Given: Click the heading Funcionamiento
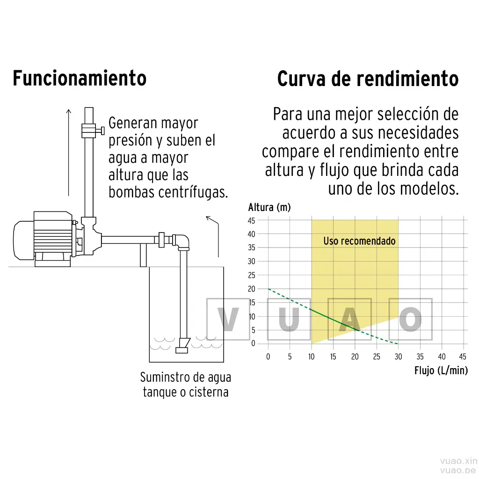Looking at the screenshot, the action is [80, 79].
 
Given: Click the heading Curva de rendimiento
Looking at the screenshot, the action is [368, 79].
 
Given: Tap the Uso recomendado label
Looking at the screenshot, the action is [360, 241].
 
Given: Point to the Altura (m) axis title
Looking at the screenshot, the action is [269, 207].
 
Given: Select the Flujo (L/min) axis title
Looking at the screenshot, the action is [441, 370].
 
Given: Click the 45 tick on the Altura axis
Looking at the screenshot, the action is [251, 221].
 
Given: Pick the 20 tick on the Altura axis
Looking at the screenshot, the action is [251, 289].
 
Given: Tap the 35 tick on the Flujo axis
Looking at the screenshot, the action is [420, 356].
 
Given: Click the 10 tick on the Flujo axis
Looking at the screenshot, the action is [311, 356].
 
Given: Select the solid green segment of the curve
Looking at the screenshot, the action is [334, 320].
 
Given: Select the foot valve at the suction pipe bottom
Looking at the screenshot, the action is [183, 346].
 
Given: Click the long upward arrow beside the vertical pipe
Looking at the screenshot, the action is [69, 152].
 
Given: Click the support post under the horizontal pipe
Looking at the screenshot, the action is [143, 255].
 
